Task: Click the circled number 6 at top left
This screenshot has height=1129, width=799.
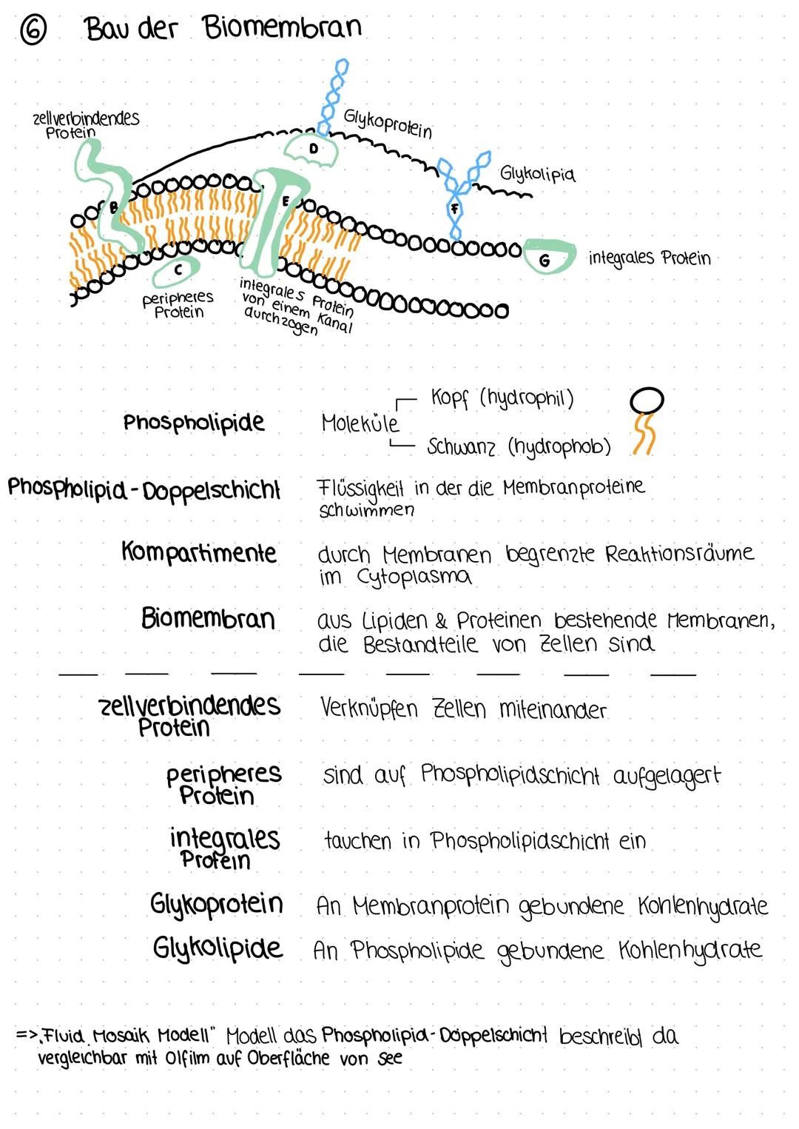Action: (x=33, y=31)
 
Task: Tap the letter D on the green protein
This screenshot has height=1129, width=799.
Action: (x=313, y=148)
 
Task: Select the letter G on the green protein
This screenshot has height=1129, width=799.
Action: (x=545, y=260)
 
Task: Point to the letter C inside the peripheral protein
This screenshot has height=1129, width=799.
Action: (x=178, y=271)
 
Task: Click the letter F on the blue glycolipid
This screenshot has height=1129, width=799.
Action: (x=455, y=209)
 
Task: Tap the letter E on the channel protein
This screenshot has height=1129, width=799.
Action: (x=286, y=201)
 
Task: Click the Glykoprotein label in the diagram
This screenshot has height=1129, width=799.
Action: (x=388, y=123)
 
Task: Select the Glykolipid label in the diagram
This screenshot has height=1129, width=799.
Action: (x=537, y=174)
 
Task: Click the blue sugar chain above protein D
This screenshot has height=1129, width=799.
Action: (x=334, y=93)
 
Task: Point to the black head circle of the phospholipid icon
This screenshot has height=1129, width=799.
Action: (x=647, y=400)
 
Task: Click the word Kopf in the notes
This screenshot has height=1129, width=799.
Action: (x=450, y=398)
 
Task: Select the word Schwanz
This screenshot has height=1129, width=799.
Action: (x=461, y=447)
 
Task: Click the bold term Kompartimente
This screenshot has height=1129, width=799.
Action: (x=199, y=553)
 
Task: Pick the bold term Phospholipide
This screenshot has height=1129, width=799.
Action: (x=194, y=422)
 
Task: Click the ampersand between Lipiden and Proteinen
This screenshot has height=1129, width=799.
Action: (x=442, y=620)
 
